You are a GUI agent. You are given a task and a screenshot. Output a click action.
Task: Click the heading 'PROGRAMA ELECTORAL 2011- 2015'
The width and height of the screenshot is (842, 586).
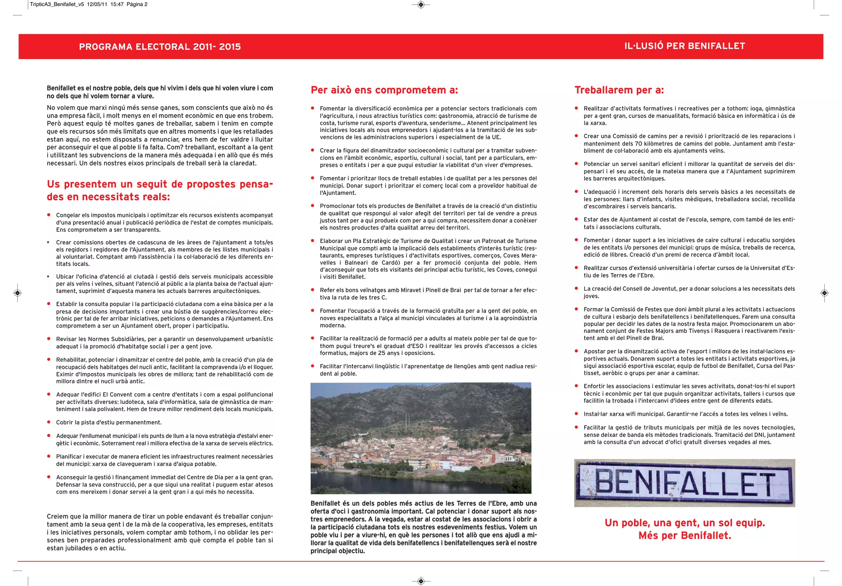[160, 46]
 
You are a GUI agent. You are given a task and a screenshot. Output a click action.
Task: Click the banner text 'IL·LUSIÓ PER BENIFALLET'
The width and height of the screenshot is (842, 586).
[685, 46]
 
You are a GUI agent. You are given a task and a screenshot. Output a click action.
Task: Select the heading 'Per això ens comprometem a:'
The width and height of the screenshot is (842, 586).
[384, 90]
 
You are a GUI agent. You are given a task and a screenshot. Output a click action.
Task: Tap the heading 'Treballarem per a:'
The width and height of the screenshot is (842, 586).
[619, 90]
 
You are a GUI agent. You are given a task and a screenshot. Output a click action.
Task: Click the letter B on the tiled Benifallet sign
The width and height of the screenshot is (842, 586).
[605, 483]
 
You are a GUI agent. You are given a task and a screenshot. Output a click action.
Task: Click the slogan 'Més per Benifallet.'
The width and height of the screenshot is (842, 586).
[685, 535]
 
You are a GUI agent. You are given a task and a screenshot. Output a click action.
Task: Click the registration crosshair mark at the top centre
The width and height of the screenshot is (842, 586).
[421, 5]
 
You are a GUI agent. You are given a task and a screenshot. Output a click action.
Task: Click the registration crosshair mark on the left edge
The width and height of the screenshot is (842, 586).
[17, 293]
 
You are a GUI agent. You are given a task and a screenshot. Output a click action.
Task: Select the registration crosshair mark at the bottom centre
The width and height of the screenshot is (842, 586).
[421, 581]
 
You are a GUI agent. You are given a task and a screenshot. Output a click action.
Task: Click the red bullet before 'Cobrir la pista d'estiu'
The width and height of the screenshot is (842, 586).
[49, 422]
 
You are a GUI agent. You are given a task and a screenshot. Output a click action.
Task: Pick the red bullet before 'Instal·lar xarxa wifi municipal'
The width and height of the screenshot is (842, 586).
[576, 414]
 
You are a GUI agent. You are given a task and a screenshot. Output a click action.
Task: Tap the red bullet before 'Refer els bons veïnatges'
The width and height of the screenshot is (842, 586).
[312, 290]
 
